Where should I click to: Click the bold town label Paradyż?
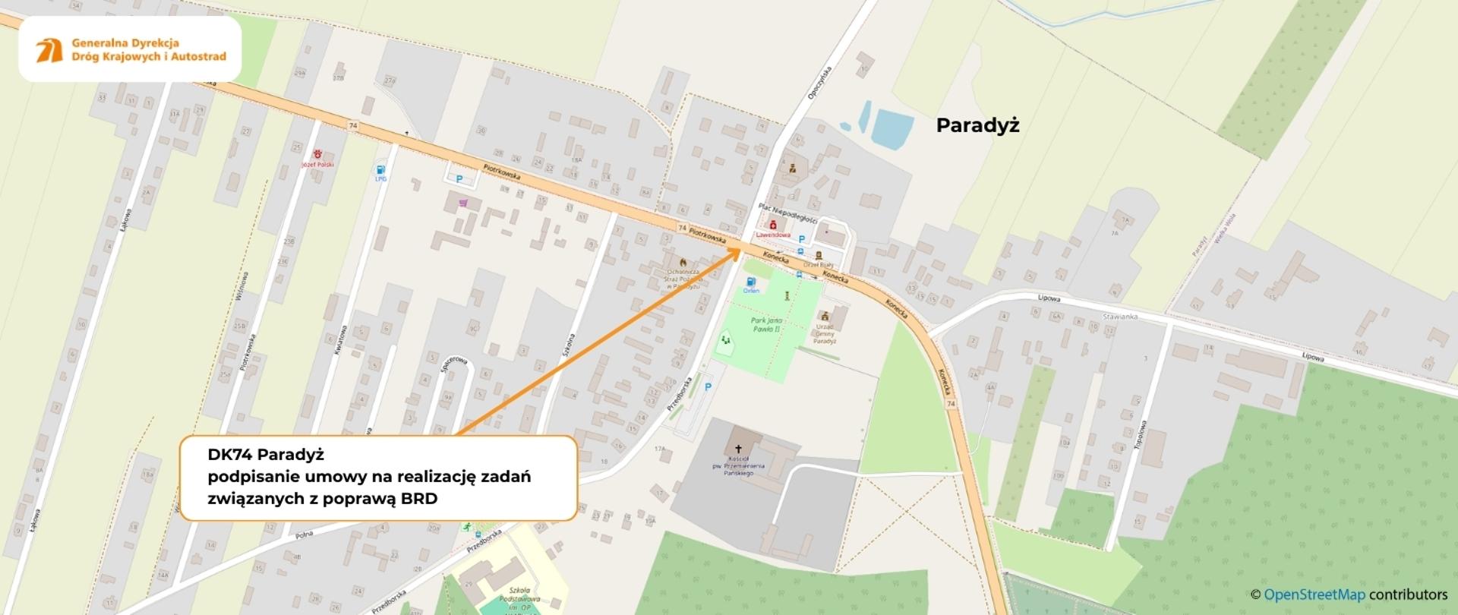point(977,125)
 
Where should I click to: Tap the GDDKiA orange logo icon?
point(49,50)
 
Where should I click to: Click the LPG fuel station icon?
point(380,170)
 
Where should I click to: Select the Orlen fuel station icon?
point(751,282)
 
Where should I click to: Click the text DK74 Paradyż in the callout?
point(266,454)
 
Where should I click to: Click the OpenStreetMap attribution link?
point(1314,594)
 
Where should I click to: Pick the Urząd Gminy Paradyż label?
point(825,333)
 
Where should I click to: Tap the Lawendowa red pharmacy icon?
point(773,225)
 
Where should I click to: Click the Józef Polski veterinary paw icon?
point(317,154)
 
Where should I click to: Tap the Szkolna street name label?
point(567,352)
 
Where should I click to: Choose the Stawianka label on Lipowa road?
point(1120,316)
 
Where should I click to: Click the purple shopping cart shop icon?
point(463,203)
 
